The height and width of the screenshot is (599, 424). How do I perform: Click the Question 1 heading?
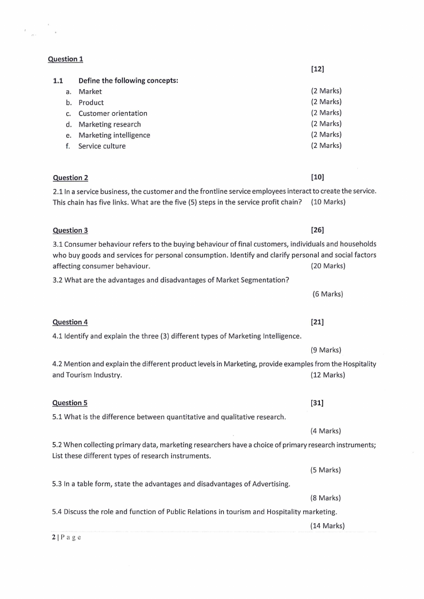coord(65,59)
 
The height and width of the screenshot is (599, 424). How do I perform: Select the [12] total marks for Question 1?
coord(317,69)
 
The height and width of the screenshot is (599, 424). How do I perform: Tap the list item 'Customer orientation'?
coord(113,114)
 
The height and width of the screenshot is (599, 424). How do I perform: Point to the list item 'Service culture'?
coord(102,146)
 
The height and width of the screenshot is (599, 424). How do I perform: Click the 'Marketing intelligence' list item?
coord(114,136)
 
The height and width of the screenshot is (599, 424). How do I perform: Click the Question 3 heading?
coord(70,231)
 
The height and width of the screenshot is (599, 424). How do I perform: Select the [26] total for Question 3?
coord(317,230)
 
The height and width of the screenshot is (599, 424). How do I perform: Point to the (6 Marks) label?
coord(327,294)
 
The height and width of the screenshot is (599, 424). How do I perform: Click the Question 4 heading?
coord(70,322)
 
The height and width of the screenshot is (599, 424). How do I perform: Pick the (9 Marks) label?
coord(325,350)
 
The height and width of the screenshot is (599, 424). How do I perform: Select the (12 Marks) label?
coord(327,375)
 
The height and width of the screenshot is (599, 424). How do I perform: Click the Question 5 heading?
coord(70,403)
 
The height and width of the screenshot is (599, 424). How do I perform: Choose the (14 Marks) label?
coord(327,526)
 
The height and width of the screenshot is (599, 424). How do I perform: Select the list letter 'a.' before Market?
coord(69,92)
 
